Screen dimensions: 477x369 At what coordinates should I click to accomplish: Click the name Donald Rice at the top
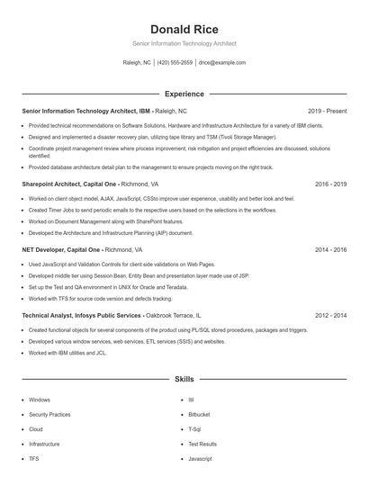[x=184, y=30]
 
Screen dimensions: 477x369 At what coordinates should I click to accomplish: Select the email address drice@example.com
[x=221, y=63]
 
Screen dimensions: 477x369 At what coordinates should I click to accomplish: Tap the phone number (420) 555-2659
[x=175, y=63]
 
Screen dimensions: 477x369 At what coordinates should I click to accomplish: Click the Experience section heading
[x=184, y=94]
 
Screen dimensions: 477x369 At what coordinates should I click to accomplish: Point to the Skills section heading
[x=184, y=381]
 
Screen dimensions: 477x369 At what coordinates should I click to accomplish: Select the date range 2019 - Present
[x=327, y=111]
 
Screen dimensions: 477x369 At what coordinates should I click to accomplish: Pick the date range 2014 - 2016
[x=330, y=249]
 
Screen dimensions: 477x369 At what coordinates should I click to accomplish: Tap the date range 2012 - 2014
[x=330, y=316]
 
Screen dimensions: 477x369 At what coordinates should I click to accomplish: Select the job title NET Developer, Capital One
[x=60, y=249]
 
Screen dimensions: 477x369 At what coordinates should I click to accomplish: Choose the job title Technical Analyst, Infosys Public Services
[x=82, y=316]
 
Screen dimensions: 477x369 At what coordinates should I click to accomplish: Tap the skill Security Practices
[x=49, y=414]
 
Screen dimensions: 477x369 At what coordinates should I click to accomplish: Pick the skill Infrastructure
[x=44, y=444]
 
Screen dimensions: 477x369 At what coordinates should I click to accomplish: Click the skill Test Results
[x=202, y=444]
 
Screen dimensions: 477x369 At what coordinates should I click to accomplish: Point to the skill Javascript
[x=200, y=458]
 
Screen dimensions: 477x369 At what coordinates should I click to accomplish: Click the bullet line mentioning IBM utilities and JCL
[x=67, y=353]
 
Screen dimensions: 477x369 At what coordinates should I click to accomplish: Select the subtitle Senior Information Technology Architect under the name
[x=184, y=42]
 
